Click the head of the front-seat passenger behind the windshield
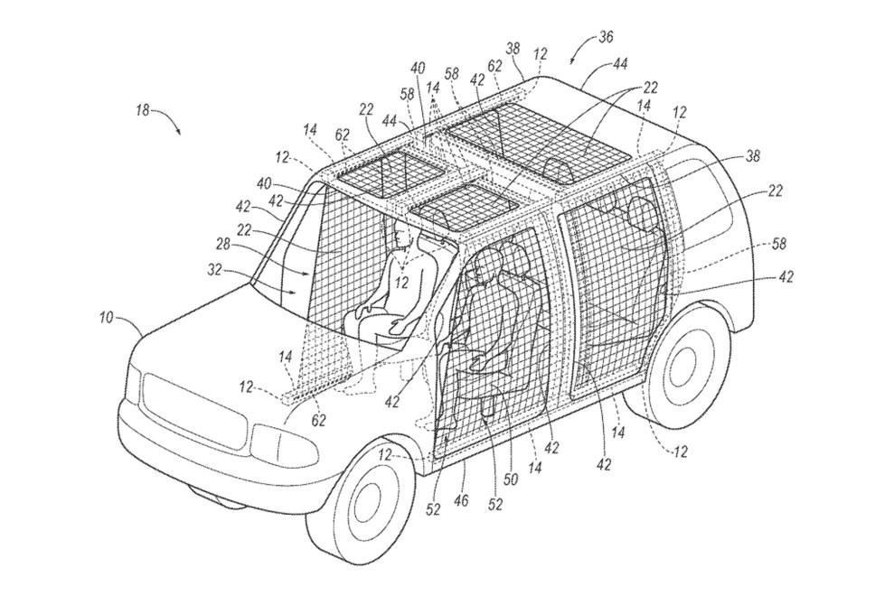click(x=404, y=237)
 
